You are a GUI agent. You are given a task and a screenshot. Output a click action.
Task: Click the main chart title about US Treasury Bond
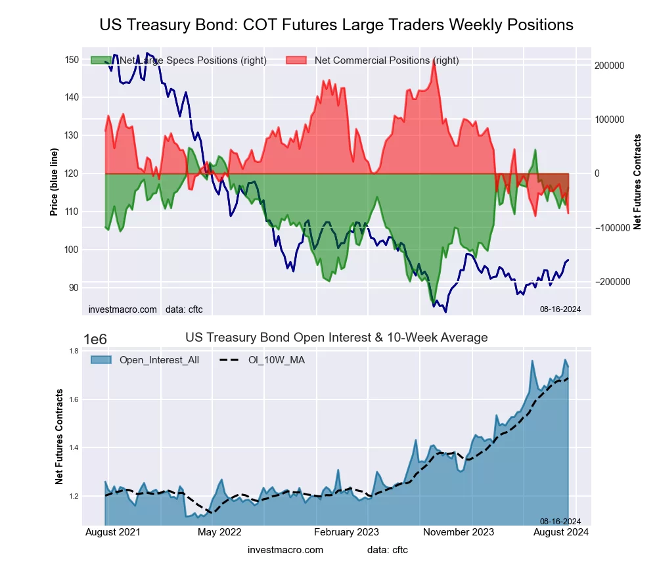point(336,25)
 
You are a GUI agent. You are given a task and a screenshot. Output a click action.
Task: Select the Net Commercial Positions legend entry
point(386,60)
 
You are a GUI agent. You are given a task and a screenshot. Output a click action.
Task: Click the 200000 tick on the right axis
point(608,66)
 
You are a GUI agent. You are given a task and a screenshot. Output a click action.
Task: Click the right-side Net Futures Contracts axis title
point(637,181)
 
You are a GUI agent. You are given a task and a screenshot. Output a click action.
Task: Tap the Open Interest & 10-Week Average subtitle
point(336,338)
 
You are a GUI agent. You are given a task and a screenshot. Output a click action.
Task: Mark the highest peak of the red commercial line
point(434,60)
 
